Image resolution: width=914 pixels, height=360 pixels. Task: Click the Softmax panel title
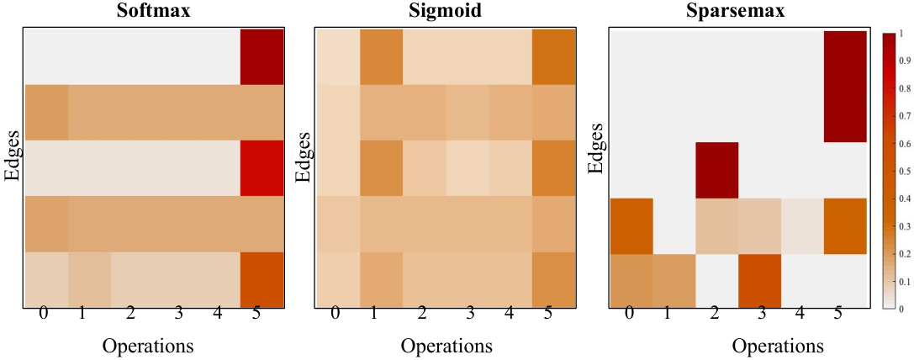[153, 10]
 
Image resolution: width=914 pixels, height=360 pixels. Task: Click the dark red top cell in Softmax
[262, 56]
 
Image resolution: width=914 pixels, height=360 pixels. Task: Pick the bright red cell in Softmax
[262, 167]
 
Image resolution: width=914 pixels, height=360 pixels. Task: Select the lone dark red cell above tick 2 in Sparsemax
[717, 170]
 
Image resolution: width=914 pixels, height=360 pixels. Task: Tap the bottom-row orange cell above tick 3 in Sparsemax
[760, 281]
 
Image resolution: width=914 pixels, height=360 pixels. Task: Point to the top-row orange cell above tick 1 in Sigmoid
[381, 56]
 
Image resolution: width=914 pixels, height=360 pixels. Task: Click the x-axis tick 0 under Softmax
[44, 314]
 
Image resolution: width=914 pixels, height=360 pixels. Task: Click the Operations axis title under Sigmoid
[446, 346]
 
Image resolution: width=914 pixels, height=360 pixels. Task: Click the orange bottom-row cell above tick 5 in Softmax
[262, 279]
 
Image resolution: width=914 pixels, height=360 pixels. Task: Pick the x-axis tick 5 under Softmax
[256, 314]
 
